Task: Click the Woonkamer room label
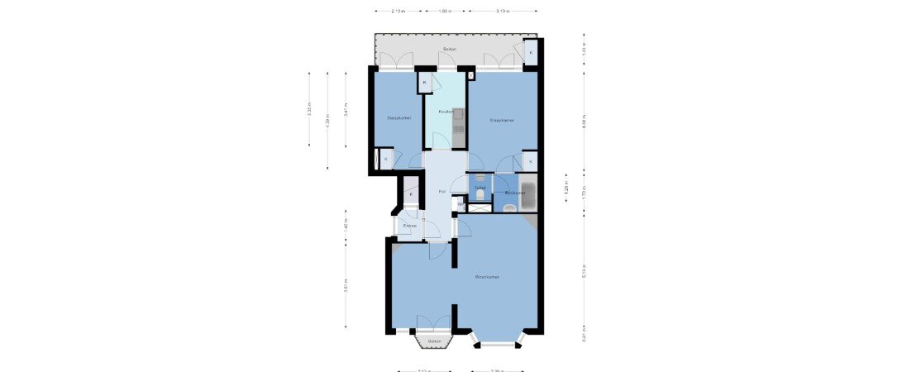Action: pos(487,277)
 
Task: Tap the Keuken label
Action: pos(446,112)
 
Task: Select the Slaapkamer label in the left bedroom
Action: pos(399,118)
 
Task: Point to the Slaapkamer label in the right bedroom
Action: pos(502,120)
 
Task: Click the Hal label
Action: pos(442,192)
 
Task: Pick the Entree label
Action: pos(409,225)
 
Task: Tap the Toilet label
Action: pos(480,188)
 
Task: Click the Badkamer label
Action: pos(515,193)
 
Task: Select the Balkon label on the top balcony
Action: pos(450,50)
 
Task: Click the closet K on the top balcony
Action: pos(531,53)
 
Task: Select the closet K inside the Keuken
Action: pos(425,83)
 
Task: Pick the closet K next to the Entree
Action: pos(410,194)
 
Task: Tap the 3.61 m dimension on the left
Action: pos(346,285)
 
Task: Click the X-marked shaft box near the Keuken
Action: pos(471,76)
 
